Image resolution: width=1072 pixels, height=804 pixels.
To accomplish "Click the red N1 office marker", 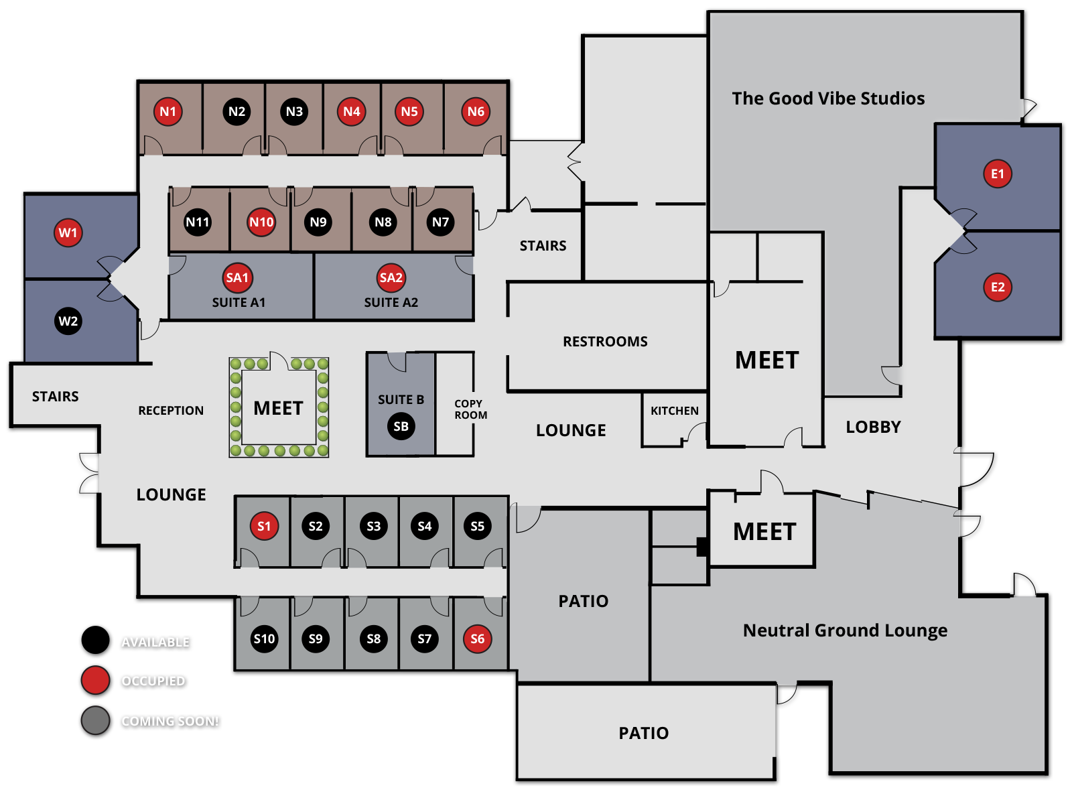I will (168, 112).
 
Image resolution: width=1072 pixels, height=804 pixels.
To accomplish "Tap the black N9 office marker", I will (318, 222).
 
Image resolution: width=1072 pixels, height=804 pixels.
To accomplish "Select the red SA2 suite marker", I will (391, 278).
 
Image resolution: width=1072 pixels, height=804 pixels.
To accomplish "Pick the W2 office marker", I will (68, 321).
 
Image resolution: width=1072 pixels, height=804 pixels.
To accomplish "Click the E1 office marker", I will (998, 174).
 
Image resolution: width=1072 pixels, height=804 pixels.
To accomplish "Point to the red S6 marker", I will (477, 639).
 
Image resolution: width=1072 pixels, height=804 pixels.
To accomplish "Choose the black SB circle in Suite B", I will (401, 426).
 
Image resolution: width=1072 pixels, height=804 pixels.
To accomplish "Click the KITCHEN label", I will (674, 411).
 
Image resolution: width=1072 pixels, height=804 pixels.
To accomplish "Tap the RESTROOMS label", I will (605, 342).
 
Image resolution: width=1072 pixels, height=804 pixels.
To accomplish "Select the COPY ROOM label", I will (470, 409).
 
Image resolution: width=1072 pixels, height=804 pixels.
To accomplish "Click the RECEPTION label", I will (171, 411).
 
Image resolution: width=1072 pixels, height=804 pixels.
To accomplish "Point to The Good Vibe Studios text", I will (828, 98).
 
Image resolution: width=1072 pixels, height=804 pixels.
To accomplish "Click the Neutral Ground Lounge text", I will (845, 630).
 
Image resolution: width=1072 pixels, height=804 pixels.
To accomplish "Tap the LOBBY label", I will (873, 427).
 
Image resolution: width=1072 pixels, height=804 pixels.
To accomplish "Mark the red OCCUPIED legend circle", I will (95, 680).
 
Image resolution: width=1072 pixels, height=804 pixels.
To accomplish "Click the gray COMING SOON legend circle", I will (95, 720).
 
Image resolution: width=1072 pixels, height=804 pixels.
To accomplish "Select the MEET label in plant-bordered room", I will (278, 408).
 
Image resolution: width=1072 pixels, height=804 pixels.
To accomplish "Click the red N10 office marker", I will (261, 222).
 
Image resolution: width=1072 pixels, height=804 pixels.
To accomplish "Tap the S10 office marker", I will (264, 639).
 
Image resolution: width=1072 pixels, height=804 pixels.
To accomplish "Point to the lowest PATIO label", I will (643, 733).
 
